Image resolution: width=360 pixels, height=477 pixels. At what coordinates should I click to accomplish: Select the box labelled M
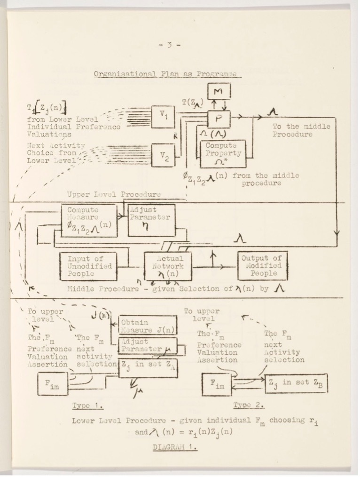tap(219, 92)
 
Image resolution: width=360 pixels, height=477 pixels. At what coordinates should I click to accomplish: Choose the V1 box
tap(163, 114)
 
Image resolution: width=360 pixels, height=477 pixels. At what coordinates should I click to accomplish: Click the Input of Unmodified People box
tap(89, 266)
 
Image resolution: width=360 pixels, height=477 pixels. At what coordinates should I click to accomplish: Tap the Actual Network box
tap(168, 266)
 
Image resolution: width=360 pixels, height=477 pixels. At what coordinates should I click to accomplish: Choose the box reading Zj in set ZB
tap(296, 383)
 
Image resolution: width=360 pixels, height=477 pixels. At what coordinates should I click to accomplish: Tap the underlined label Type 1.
tap(88, 405)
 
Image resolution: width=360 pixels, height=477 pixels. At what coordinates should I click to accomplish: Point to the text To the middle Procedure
tap(302, 130)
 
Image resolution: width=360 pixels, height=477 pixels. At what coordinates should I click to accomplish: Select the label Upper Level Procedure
tap(114, 194)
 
